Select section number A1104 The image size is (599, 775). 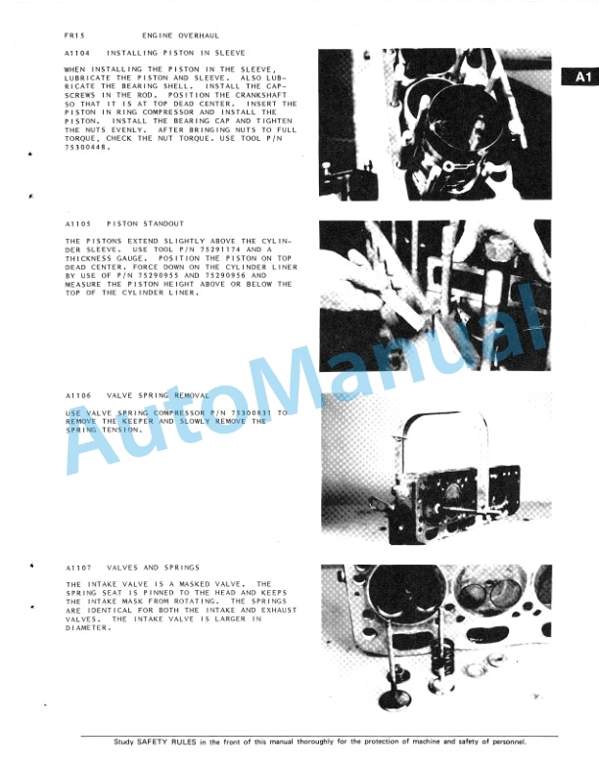pyautogui.click(x=76, y=52)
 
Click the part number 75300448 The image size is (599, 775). pyautogui.click(x=84, y=148)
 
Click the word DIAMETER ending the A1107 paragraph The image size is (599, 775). pyautogui.click(x=87, y=628)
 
